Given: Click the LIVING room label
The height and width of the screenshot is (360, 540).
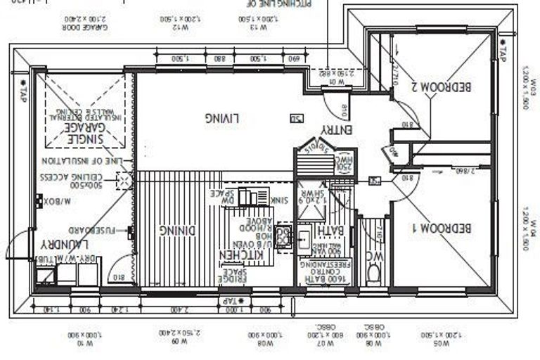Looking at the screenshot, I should click(223, 118).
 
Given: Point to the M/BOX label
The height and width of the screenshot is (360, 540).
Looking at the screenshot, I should click(54, 200).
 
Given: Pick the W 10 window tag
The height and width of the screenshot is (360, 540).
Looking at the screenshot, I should click(84, 344).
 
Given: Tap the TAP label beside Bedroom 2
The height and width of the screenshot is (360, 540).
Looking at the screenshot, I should click(501, 49).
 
